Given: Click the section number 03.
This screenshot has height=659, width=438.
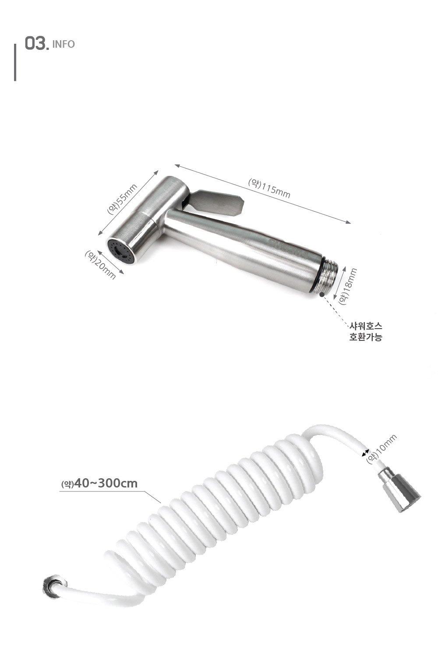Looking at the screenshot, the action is coord(36,43).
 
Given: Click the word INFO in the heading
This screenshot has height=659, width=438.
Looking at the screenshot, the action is coord(64,44).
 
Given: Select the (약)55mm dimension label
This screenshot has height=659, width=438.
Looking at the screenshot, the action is coord(122,199).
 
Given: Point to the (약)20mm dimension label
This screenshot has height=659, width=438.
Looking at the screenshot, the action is coord(100,264).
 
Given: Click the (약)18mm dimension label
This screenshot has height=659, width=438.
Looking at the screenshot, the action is coord(347,286).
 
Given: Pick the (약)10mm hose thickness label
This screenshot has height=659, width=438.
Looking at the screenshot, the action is coord(381,449).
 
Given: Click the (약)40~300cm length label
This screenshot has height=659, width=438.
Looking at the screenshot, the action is coord(99,484).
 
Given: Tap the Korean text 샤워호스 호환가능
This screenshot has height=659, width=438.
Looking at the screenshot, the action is coord(366,331).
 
